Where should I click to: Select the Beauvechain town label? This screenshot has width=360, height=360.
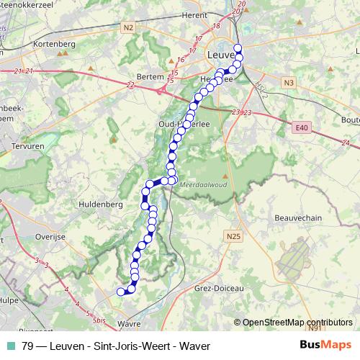(297, 217)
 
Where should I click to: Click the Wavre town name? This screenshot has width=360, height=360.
(127, 324)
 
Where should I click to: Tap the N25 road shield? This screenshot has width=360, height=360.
(233, 236)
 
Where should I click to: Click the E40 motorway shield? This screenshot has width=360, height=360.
(301, 127)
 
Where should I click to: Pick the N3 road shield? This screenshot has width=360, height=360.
(289, 83)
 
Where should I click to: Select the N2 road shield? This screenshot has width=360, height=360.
(128, 28)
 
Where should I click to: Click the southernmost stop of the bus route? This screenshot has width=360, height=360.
(121, 291)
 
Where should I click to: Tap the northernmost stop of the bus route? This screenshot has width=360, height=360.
(238, 48)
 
